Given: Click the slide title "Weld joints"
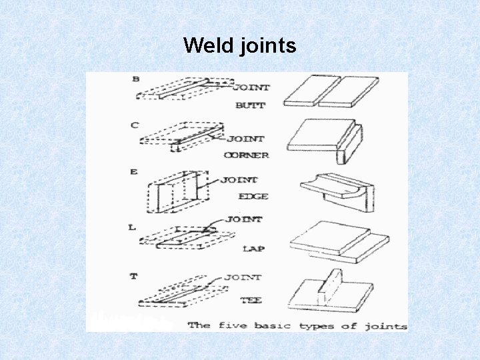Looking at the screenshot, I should (239, 45).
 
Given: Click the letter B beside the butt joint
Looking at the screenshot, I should (136, 79).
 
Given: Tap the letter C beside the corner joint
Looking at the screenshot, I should (135, 125).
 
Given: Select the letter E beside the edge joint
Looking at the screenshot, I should (134, 171).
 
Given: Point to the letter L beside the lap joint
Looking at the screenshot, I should (132, 227).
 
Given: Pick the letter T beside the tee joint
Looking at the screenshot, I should (133, 275).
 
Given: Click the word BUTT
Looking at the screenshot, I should (250, 105).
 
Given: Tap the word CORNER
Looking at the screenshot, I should (246, 155).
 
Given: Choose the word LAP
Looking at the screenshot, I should (253, 249).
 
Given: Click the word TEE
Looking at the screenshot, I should (251, 301).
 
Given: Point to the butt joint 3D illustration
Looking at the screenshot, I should (331, 91).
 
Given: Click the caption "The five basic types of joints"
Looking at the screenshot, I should (297, 326).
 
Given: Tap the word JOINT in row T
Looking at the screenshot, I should (243, 277).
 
